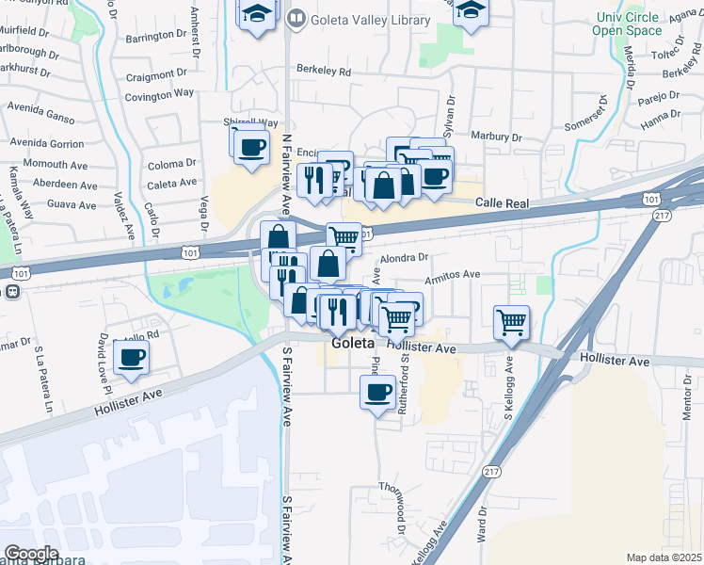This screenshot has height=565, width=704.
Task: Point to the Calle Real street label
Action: pyautogui.click(x=503, y=202)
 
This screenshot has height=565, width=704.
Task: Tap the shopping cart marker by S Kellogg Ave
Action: pyautogui.click(x=511, y=323)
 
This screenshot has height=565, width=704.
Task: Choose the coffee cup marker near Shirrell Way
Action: pyautogui.click(x=251, y=148)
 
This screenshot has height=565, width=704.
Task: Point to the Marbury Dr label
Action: pyautogui.click(x=495, y=135)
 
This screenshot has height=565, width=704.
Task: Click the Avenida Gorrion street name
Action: pyautogui.click(x=47, y=143)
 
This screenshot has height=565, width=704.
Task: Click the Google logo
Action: pyautogui.click(x=31, y=554)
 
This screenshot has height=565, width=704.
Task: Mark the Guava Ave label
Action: pyautogui.click(x=72, y=204)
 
